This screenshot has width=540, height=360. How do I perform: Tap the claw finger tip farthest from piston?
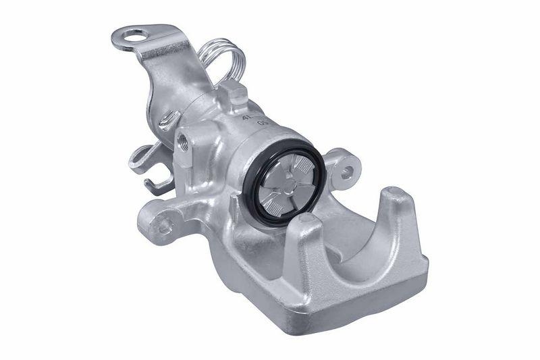coord(396,196)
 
